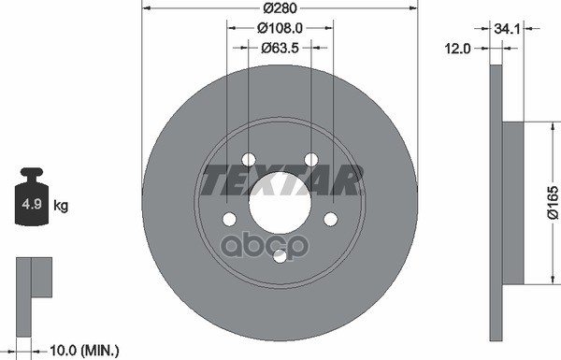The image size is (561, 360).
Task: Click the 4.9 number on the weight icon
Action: click(x=31, y=203)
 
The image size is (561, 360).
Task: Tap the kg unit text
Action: click(x=60, y=204)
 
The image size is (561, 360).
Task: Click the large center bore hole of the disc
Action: click(x=279, y=201)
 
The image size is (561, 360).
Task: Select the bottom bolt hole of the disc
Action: click(x=279, y=255)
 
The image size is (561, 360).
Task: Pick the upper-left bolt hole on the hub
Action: click(x=248, y=159)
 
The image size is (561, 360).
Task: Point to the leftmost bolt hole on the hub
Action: click(x=228, y=218)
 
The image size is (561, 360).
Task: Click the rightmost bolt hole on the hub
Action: click(x=329, y=218)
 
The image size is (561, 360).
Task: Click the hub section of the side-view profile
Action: click(x=513, y=202)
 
